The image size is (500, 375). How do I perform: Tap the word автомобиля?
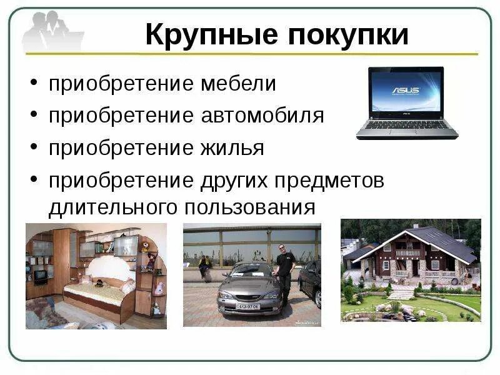[262, 116]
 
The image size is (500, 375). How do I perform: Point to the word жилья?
[232, 148]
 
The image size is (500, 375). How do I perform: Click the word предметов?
[331, 181]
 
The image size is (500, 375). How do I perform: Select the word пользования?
[249, 206]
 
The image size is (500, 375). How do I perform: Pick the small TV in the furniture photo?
[39, 275]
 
